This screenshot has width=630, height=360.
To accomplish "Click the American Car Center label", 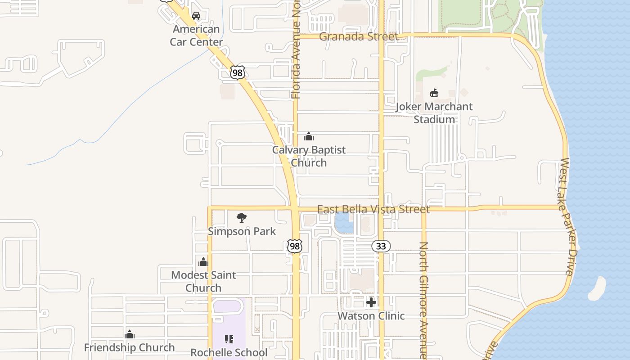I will (x=196, y=36).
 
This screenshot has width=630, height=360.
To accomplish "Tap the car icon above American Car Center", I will (x=196, y=16).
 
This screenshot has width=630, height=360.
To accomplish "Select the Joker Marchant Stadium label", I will (x=434, y=113).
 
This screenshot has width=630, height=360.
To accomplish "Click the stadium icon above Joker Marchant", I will (x=434, y=93).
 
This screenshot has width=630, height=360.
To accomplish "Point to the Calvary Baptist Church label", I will (x=309, y=156).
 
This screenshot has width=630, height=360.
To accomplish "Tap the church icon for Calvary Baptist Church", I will (x=309, y=136).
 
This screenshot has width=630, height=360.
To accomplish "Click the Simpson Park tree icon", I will (x=242, y=218).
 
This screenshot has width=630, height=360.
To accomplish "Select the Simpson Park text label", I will (x=242, y=231).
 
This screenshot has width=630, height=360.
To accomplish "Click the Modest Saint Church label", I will (x=203, y=281).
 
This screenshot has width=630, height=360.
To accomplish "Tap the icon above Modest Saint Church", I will (x=203, y=261).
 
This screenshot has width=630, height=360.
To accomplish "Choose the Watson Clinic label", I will (x=371, y=316).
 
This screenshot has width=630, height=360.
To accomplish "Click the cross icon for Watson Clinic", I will (x=371, y=302).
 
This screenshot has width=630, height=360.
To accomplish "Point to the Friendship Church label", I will (x=130, y=347).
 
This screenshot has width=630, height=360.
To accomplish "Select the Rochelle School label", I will (x=229, y=352).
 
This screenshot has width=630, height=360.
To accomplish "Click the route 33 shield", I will (x=381, y=246).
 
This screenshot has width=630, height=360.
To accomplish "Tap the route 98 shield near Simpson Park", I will (x=295, y=246).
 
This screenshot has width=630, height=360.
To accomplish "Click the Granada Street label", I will (x=359, y=36).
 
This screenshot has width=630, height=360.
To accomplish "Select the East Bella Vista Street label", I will (x=373, y=209).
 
